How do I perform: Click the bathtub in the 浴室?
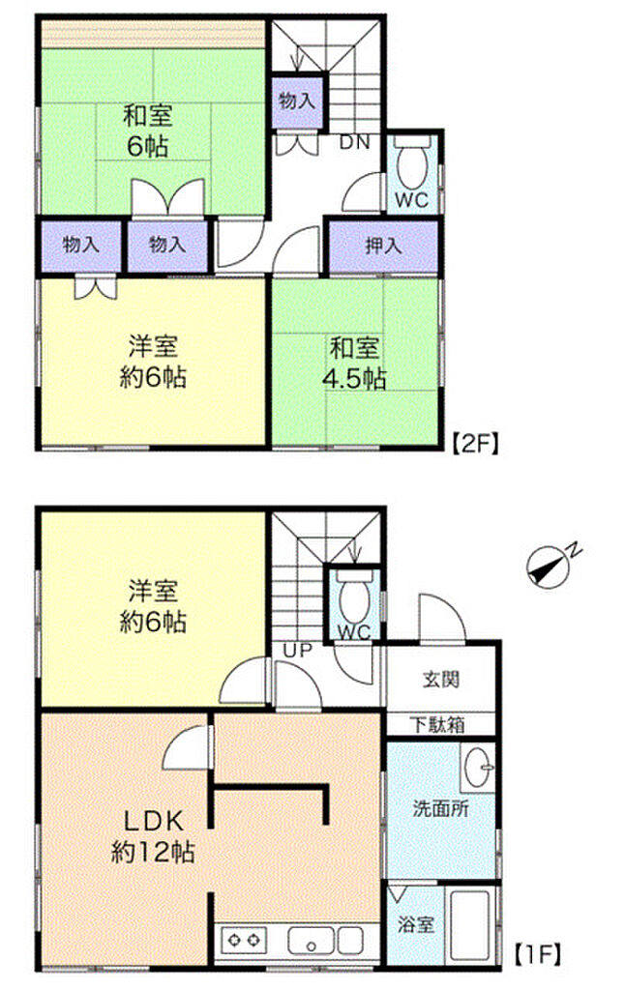(x=469, y=925)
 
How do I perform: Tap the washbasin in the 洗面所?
(x=478, y=767)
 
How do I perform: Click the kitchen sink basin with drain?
(x=311, y=941)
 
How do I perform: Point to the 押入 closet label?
(x=383, y=245)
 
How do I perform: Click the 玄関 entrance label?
(x=440, y=680)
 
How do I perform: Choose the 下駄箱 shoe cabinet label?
(x=437, y=724)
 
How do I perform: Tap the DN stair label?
(x=354, y=143)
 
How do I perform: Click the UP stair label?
(x=297, y=651)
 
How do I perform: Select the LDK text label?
(x=153, y=822)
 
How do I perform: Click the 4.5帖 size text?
(x=354, y=378)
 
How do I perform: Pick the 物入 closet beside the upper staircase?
(x=296, y=100)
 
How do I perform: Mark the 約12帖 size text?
(x=153, y=853)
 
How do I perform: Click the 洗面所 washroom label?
(x=440, y=808)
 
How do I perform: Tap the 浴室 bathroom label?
(x=416, y=925)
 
